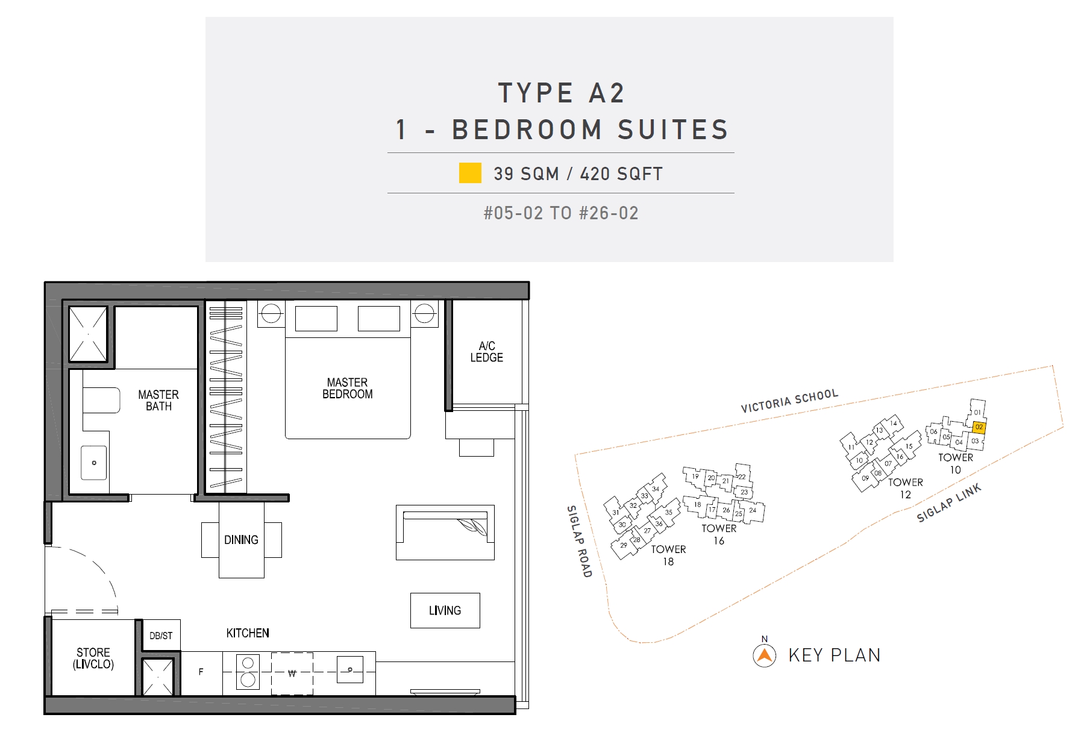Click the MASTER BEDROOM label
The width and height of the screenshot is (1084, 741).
[x=347, y=389]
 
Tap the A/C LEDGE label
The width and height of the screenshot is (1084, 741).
[x=486, y=352]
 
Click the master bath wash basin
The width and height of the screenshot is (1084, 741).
[x=94, y=463]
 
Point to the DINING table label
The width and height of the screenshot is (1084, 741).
[x=241, y=540]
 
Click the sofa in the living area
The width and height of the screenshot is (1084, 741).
[x=445, y=533]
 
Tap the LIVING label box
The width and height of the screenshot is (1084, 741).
[x=445, y=610]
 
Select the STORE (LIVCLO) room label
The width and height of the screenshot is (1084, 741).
[x=93, y=658]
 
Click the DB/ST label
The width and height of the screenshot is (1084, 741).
[x=161, y=636]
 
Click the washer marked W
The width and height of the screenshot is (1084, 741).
[x=292, y=674]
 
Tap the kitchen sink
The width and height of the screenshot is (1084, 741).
[x=350, y=669]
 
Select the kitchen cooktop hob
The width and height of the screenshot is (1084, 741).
[x=248, y=672]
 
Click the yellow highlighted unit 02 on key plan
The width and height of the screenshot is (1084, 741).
[x=979, y=427]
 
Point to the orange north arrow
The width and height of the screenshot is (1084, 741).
[x=765, y=655]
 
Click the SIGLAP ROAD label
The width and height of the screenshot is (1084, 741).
[x=580, y=541]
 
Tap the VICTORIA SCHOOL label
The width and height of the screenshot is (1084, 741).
[x=789, y=401]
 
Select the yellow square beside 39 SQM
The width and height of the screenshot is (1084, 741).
[x=470, y=173]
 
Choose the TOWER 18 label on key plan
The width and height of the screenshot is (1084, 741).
[x=668, y=555]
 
